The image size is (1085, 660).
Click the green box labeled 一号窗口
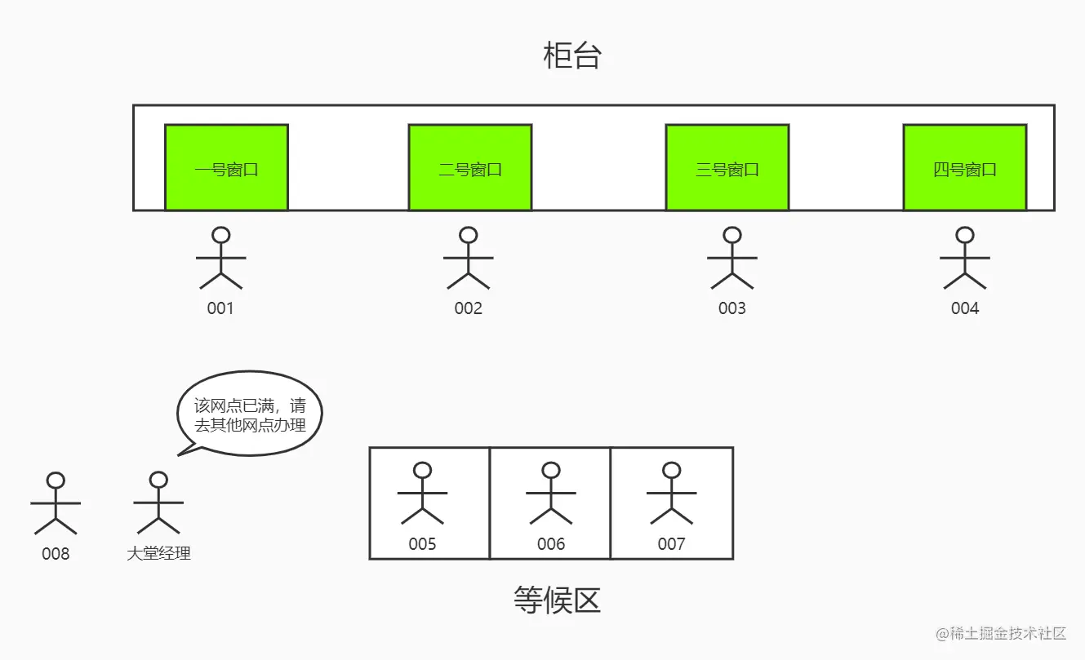(x=226, y=167)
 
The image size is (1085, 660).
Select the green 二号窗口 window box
(x=469, y=167)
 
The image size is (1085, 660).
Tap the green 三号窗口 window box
(x=727, y=167)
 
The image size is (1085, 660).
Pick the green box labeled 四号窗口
(x=964, y=167)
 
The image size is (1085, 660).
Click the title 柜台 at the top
(x=571, y=56)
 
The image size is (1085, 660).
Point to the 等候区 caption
(x=557, y=600)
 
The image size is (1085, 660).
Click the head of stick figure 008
(x=56, y=480)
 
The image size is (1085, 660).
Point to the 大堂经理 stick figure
(x=158, y=503)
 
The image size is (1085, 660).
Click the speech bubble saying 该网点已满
(x=250, y=414)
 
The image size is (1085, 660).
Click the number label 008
(x=56, y=554)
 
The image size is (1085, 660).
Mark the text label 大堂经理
(x=158, y=554)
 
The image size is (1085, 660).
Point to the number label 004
(x=965, y=308)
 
